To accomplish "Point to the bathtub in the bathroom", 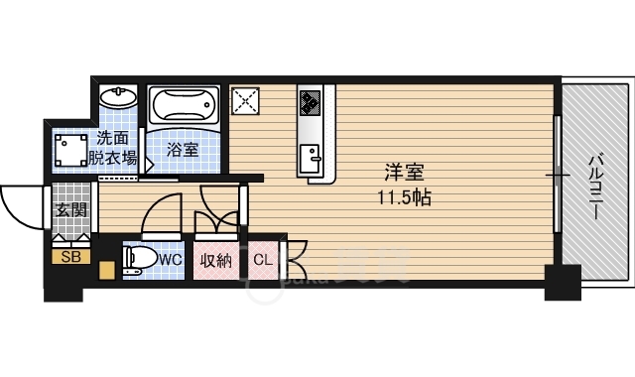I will click(183, 106).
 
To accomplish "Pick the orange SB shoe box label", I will click(70, 257).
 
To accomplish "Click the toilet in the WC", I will click(137, 261).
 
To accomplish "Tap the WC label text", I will click(171, 261).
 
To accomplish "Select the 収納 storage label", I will click(216, 261).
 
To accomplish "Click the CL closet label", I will click(263, 261).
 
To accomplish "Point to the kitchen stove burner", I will click(311, 101).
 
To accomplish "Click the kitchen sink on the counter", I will click(311, 158).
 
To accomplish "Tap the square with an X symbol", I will click(244, 101).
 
